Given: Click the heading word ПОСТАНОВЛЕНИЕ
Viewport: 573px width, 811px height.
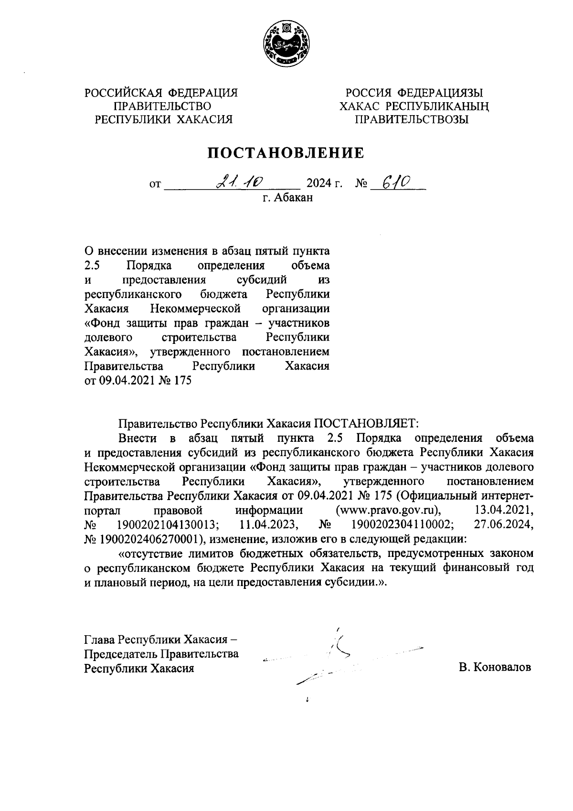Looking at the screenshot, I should [286, 153].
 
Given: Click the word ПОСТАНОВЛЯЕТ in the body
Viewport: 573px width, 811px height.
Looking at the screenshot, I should [365, 423].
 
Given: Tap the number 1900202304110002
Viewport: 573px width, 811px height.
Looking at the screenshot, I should [403, 525].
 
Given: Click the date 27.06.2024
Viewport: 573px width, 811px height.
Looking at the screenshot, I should [503, 525].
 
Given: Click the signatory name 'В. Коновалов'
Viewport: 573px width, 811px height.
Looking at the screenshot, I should [495, 667].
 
